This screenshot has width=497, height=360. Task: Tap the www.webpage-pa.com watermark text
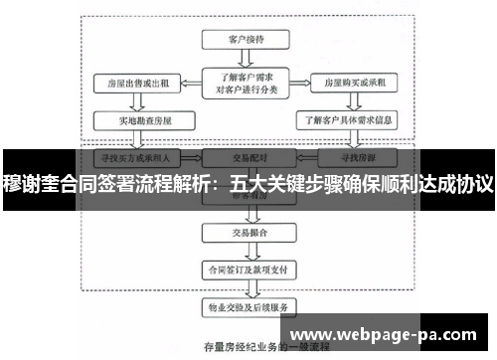click(x=391, y=333)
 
